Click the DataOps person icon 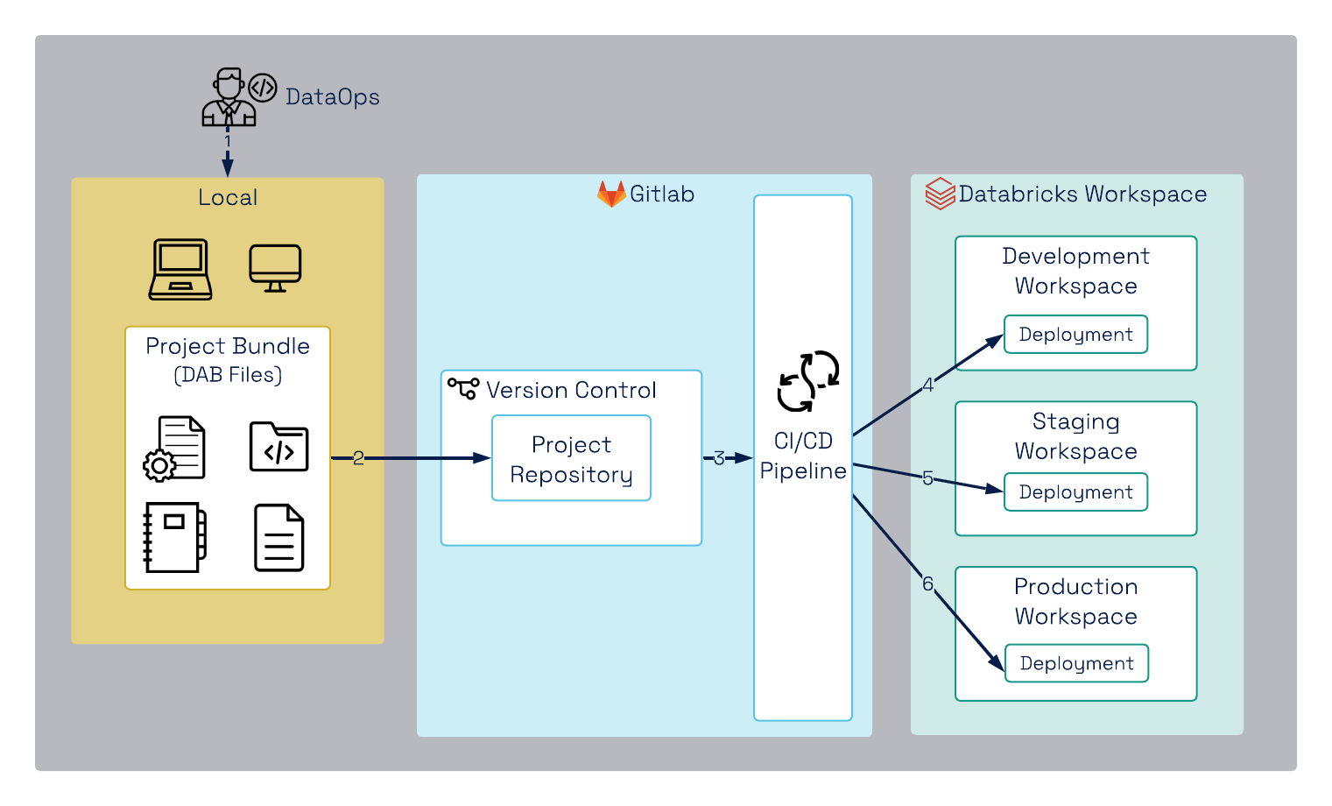[229, 97]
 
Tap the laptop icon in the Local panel [180, 270]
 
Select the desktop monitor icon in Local [275, 268]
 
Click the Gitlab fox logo [610, 194]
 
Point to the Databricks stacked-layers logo [940, 194]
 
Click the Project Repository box [571, 458]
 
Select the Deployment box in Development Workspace [1075, 335]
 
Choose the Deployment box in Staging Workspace [1075, 492]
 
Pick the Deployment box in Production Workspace [1076, 664]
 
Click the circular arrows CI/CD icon [807, 381]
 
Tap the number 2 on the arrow [358, 458]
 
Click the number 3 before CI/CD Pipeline [719, 458]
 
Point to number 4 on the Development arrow [928, 385]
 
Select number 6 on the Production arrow [927, 583]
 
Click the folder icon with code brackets [278, 448]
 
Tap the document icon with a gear [175, 449]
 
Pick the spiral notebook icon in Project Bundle [174, 537]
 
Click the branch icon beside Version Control [463, 387]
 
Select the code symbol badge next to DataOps [263, 88]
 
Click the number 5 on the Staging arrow [927, 478]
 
